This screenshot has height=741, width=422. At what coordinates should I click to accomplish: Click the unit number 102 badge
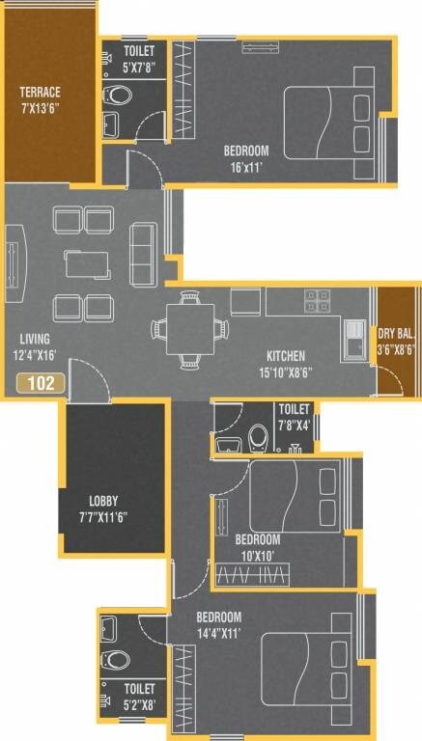41,382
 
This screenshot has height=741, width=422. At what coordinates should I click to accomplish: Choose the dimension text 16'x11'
246,166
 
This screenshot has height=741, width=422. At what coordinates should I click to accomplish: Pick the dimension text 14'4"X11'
219,633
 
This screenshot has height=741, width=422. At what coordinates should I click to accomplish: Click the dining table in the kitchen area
189,327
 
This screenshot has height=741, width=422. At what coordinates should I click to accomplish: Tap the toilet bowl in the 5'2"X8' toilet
116,660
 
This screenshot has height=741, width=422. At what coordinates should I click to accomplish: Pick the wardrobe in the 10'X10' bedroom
251,576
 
